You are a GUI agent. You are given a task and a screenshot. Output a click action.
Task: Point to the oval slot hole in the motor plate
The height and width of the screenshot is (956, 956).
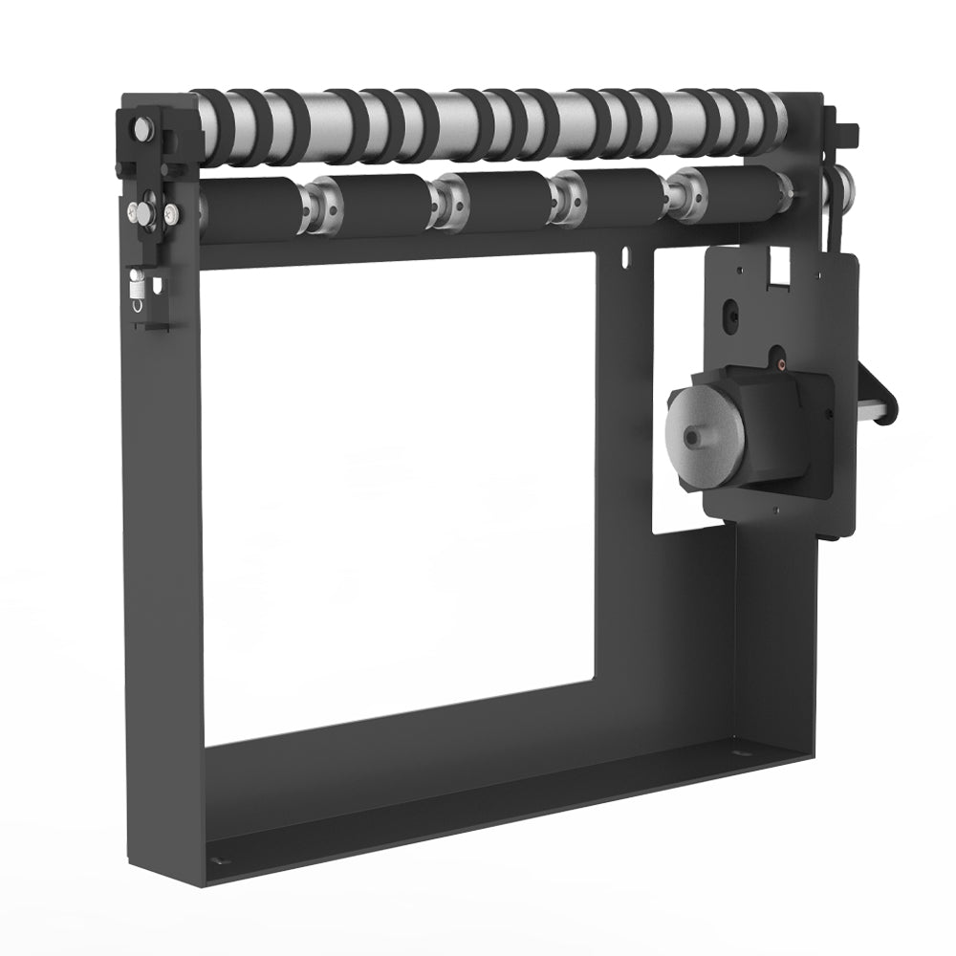point(731,314)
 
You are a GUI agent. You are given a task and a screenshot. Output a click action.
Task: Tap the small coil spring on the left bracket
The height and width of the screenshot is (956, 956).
point(137,285)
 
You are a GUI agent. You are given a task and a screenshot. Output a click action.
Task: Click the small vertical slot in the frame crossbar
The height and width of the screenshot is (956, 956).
point(623,257)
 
